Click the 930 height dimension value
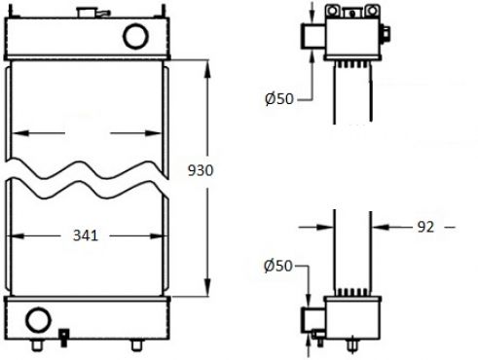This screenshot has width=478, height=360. tap(201, 170)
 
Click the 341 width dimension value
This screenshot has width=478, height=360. tap(86, 235)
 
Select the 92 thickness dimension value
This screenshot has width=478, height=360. tap(425, 228)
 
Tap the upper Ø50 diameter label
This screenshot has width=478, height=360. tap(279, 98)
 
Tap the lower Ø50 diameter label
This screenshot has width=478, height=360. tap(278, 266)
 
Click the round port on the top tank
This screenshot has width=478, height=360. tap(135, 36)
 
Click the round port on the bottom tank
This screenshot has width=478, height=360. tap(38, 320)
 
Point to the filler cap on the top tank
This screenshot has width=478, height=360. tap(87, 13)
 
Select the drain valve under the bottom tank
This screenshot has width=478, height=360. tap(63, 338)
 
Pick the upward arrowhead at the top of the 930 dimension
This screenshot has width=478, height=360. tap(207, 69)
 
